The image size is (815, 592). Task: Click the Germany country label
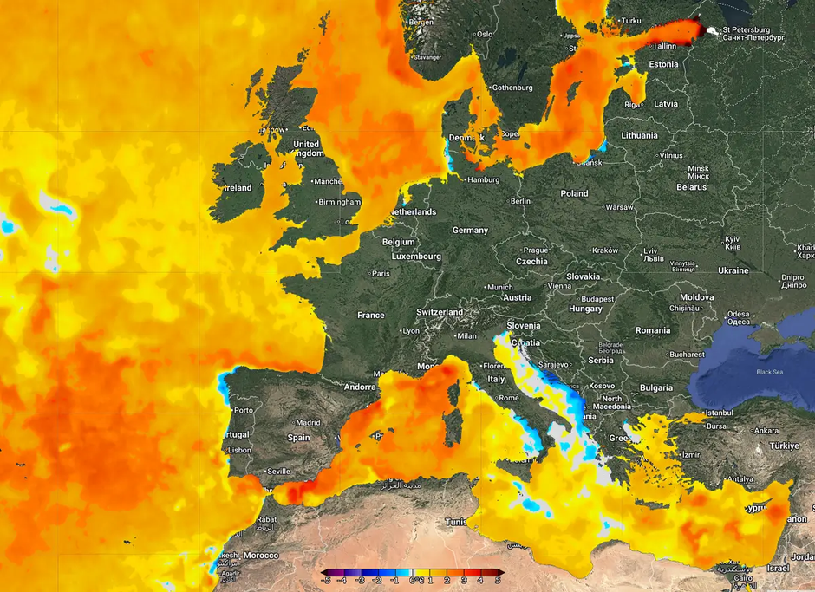pyautogui.click(x=470, y=231)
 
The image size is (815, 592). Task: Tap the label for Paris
pyautogui.click(x=381, y=273)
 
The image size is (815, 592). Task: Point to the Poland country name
pyautogui.click(x=574, y=193)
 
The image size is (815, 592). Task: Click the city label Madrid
pyautogui.click(x=309, y=423)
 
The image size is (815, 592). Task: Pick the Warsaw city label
pyautogui.click(x=619, y=208)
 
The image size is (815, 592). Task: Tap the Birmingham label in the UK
pyautogui.click(x=339, y=202)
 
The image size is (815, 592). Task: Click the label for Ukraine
pyautogui.click(x=733, y=270)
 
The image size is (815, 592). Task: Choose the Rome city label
pyautogui.click(x=509, y=398)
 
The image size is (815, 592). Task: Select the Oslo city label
pyautogui.click(x=484, y=35)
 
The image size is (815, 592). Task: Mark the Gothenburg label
pyautogui.click(x=512, y=88)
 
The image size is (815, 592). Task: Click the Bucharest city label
pyautogui.click(x=687, y=355)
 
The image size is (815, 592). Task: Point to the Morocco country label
pyautogui.click(x=260, y=555)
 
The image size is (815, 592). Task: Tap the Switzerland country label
pyautogui.click(x=440, y=312)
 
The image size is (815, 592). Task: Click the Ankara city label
pyautogui.click(x=766, y=431)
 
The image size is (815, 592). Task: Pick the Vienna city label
pyautogui.click(x=559, y=286)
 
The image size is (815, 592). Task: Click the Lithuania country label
pyautogui.click(x=639, y=135)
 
